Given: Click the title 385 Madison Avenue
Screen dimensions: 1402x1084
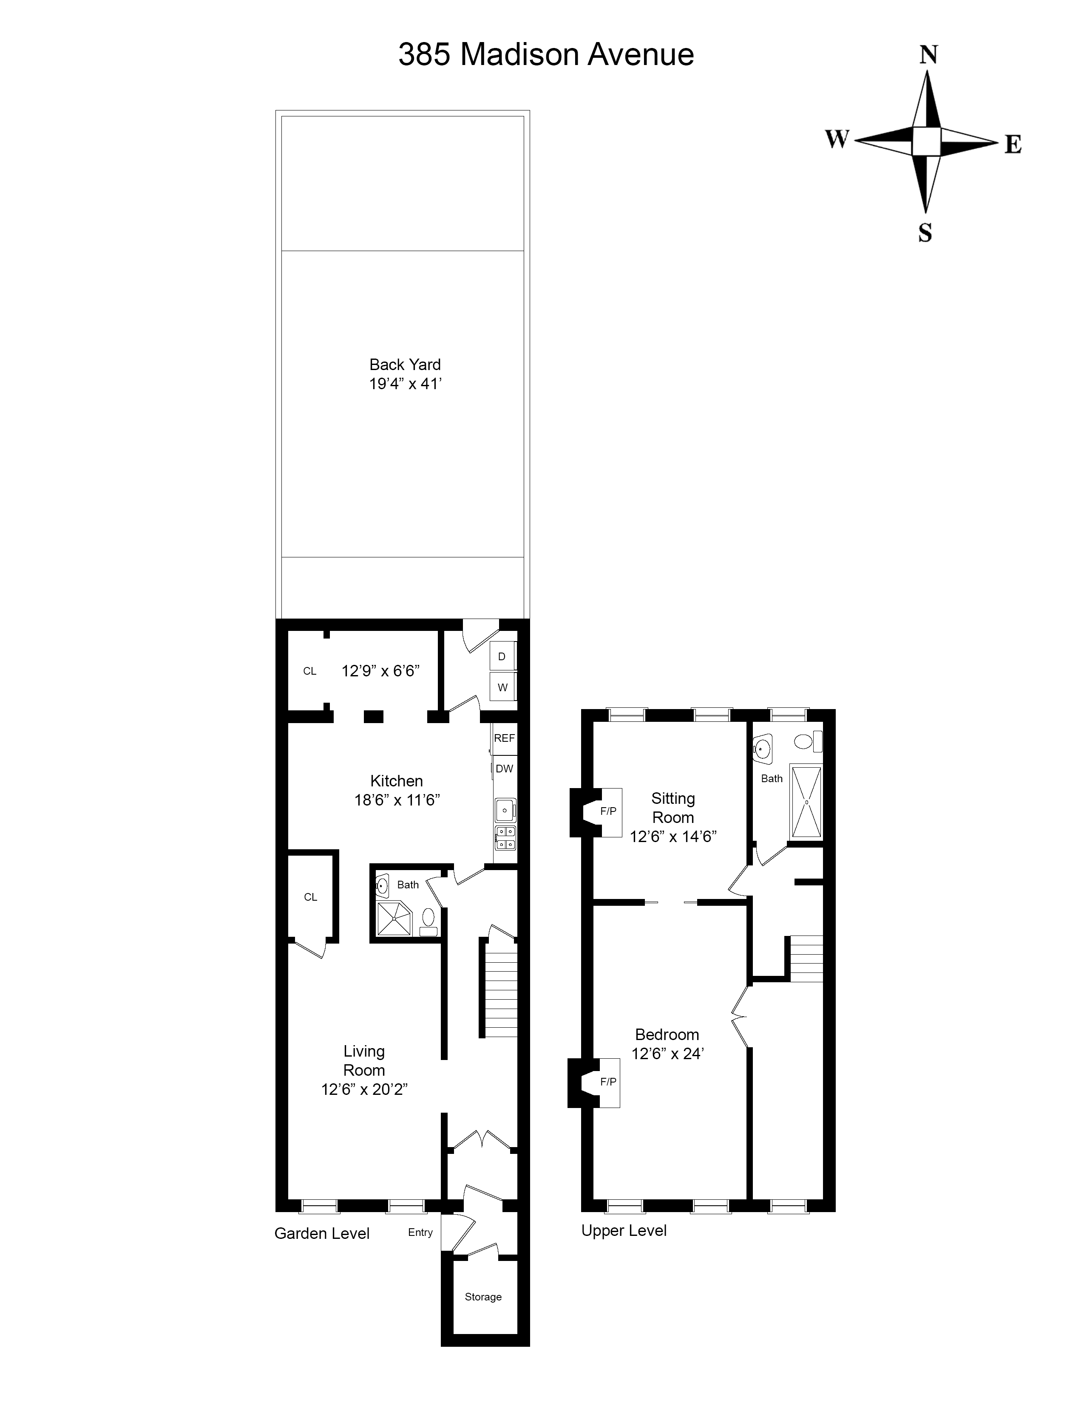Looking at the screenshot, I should (x=546, y=55).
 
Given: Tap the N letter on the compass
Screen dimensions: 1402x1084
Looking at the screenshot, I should (x=928, y=55).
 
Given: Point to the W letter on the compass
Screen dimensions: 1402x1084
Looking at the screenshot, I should (x=837, y=139).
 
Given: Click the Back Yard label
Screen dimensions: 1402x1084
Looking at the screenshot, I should (x=405, y=365).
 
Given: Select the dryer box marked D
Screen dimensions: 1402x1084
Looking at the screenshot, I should (x=502, y=657).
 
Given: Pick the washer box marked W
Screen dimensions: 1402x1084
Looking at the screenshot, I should (x=502, y=687).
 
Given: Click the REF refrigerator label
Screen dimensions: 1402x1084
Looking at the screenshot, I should (x=504, y=738).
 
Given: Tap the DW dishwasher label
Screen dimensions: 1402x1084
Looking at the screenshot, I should (x=504, y=769).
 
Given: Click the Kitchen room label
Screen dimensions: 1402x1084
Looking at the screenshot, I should (x=396, y=781).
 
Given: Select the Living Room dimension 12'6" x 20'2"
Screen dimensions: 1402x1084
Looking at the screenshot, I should (x=365, y=1089).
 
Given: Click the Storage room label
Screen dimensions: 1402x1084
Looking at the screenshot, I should (x=483, y=1297).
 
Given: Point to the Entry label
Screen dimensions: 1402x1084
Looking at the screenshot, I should (x=420, y=1232).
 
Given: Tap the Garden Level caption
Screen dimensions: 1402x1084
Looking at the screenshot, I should (x=322, y=1233).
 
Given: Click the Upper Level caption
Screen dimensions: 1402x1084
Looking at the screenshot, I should (x=624, y=1231).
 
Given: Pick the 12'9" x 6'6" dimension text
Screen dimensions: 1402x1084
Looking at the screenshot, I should (x=380, y=671).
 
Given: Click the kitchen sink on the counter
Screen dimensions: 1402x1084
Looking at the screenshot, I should (x=505, y=810).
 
